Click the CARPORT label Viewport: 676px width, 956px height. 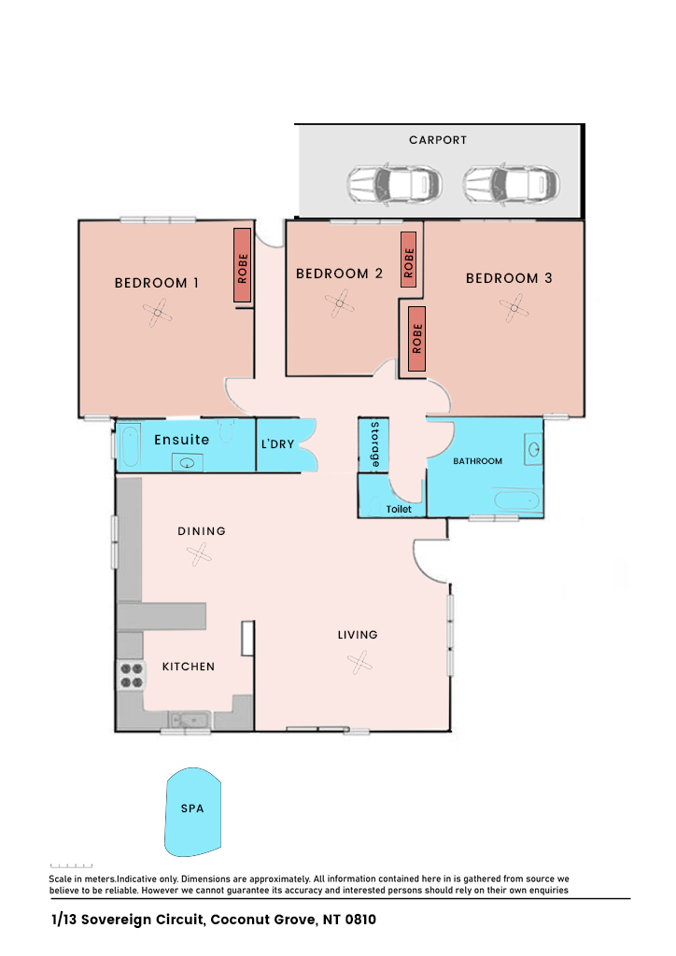438,140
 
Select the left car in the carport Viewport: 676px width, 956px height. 394,184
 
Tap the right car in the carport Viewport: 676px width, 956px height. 511,184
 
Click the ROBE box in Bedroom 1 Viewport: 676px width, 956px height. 242,265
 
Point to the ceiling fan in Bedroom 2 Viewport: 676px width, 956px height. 340,303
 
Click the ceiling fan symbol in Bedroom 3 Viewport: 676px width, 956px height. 514,308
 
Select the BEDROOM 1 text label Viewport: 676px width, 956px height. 157,283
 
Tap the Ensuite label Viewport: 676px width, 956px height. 182,440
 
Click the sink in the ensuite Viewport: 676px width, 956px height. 187,463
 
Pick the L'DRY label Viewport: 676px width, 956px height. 277,443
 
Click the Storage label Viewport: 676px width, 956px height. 374,444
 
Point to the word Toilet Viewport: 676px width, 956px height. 399,509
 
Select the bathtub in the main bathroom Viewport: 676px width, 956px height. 517,500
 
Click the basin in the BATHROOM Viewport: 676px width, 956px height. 534,449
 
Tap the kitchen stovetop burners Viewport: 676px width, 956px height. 131,676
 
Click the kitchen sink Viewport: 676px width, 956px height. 190,720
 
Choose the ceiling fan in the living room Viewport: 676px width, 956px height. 359,662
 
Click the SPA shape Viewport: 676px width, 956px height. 192,811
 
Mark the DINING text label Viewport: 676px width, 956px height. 202,531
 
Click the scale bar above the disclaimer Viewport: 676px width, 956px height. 71,865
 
